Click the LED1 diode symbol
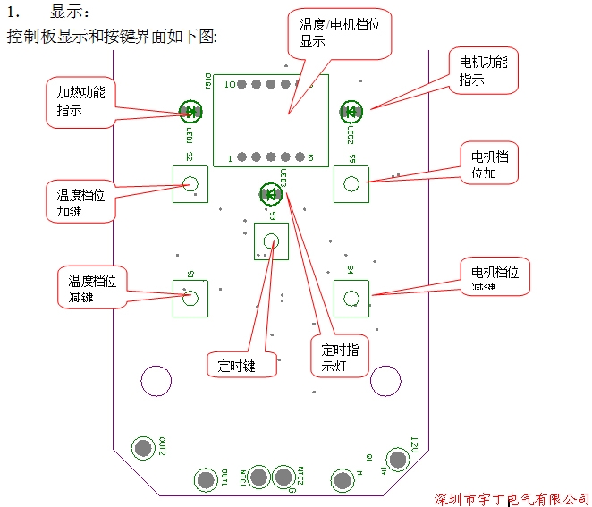coord(190,111)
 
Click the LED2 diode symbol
coord(350,112)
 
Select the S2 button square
coord(190,183)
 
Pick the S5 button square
coord(351,183)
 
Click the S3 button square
coord(271,241)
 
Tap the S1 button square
coord(190,298)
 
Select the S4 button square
coord(351,298)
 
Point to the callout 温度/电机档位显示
coord(339,33)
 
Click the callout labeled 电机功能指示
coord(483,71)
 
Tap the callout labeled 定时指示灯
coord(340,358)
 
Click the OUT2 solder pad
coord(142,448)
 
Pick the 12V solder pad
coord(396,460)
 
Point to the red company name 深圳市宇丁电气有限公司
coord(512,497)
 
